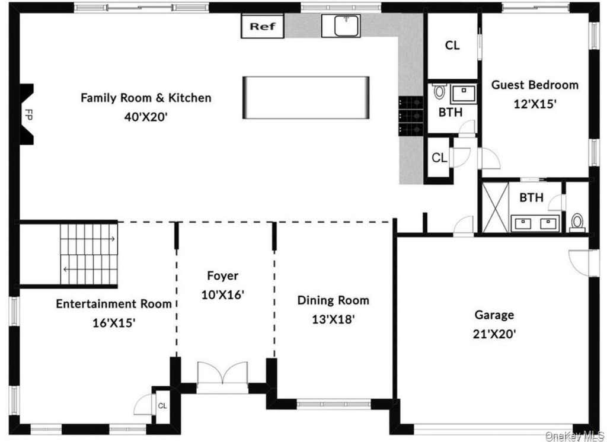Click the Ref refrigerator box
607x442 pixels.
(263, 26)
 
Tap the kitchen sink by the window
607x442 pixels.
(341, 25)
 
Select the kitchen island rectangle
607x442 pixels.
(306, 98)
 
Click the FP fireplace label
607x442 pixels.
(28, 114)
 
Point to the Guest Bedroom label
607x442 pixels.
(535, 85)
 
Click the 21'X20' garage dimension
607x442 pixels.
(494, 334)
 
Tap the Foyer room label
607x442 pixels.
(223, 276)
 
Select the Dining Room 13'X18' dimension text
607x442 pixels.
(333, 319)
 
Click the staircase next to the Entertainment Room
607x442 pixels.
(89, 254)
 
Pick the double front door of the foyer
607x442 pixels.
(223, 373)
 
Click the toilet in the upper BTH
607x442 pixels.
(439, 91)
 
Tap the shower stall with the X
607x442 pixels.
(496, 207)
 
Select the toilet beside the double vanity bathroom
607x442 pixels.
(577, 223)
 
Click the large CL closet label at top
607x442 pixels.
(452, 45)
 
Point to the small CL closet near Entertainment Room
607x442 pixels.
(162, 406)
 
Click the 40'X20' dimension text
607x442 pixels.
(146, 117)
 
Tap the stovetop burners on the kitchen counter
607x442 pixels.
(411, 116)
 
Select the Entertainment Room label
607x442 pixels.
(114, 303)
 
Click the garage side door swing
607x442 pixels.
(579, 263)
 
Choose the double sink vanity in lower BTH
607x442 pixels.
(535, 223)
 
